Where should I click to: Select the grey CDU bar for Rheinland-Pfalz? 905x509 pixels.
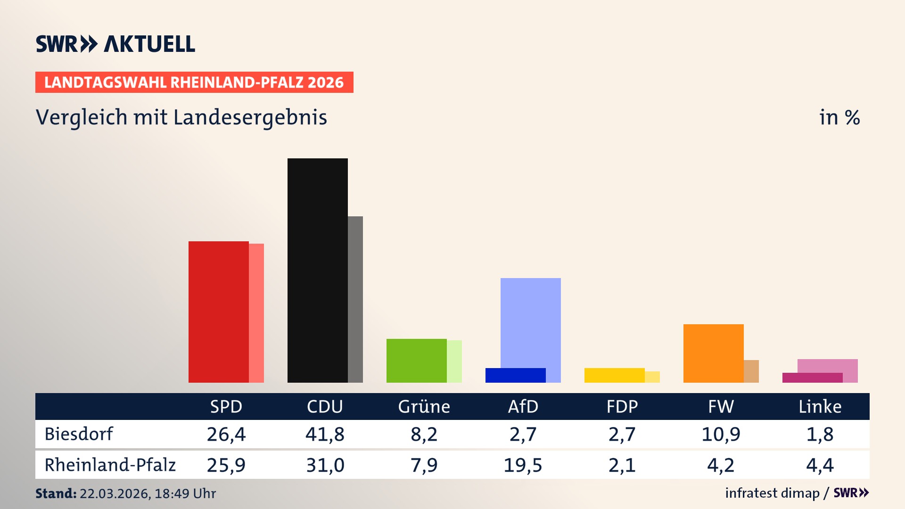click(x=355, y=299)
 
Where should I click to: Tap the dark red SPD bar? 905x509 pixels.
click(x=218, y=312)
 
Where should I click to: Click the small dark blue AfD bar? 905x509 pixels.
click(x=515, y=375)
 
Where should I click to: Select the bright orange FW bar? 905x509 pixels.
click(x=713, y=353)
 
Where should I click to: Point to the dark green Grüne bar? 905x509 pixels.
click(x=416, y=361)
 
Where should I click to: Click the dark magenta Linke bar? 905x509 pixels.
click(x=812, y=378)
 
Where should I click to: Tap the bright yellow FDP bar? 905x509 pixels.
click(x=614, y=375)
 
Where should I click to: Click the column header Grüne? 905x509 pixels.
click(x=424, y=406)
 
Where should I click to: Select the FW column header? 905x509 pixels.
click(x=721, y=406)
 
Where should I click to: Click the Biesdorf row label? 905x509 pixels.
click(x=79, y=434)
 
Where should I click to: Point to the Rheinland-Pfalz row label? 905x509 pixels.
click(x=110, y=465)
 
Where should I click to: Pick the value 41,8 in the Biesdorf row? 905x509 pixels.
click(x=325, y=434)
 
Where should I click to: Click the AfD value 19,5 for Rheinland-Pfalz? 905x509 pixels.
click(x=523, y=465)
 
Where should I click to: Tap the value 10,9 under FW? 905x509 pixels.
click(x=721, y=434)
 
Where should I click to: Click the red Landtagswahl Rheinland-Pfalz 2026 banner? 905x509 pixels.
click(x=194, y=82)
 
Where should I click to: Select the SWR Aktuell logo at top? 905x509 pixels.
click(x=115, y=44)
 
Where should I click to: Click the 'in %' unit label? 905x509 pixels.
click(x=839, y=117)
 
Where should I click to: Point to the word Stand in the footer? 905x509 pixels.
click(x=56, y=493)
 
